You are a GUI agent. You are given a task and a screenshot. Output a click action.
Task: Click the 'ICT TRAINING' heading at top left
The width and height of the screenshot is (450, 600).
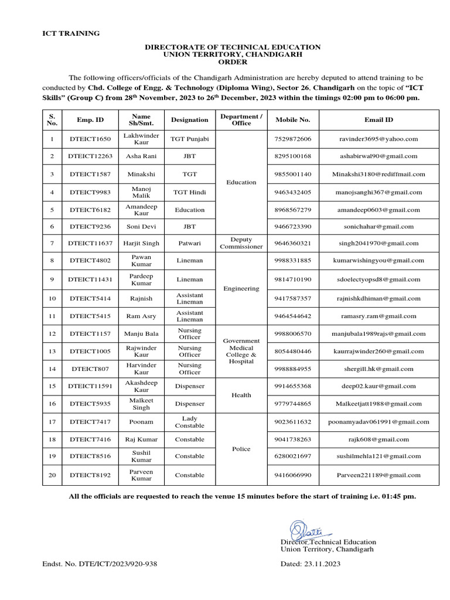coord(71,33)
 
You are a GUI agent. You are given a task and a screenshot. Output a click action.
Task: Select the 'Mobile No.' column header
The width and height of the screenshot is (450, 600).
coord(292,120)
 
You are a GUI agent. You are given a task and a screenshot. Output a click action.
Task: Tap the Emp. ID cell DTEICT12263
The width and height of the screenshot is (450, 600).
coord(90,156)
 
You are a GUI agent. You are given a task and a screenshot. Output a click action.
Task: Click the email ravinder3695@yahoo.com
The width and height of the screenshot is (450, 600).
coord(379,139)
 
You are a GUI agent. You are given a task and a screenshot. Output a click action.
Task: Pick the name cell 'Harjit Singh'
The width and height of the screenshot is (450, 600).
coord(142,243)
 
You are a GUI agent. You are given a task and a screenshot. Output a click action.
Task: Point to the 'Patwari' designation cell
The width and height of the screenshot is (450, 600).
coord(189,243)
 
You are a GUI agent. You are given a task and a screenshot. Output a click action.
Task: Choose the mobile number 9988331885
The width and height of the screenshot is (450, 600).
coord(292,260)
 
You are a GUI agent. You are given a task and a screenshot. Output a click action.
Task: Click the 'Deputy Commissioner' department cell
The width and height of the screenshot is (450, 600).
coord(241,243)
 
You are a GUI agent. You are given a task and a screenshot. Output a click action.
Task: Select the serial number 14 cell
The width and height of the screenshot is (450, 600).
coord(52,369)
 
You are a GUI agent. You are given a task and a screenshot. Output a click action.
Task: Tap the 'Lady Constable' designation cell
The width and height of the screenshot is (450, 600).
coord(189,422)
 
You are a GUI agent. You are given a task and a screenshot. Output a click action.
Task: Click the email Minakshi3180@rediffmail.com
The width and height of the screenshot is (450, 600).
coord(379,174)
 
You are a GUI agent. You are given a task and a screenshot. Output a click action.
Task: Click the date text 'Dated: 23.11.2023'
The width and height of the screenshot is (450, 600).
coord(311,564)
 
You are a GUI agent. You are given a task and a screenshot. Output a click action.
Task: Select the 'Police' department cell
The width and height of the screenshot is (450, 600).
coord(241,449)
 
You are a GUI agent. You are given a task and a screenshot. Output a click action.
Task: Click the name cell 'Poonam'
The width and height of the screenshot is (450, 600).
coord(142,422)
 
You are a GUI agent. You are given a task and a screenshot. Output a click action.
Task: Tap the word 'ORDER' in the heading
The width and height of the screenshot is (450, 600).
coord(233,62)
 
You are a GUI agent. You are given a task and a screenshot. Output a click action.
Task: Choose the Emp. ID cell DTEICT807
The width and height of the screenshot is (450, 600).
coord(90,369)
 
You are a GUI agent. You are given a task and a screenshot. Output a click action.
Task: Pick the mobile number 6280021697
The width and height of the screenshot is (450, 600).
coord(292,456)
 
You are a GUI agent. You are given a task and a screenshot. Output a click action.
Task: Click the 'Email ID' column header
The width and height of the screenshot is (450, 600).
coord(379,120)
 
